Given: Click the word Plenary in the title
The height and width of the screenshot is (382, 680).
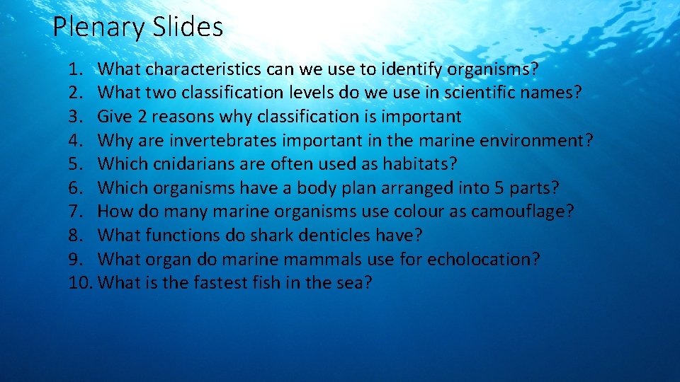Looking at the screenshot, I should point(98,28).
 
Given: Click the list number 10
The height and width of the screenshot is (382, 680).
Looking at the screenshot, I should point(81,283).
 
